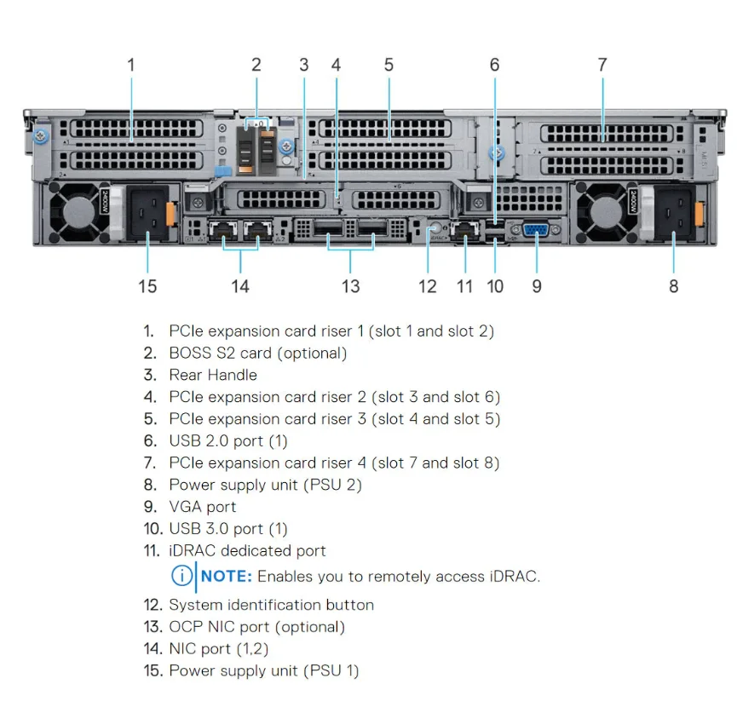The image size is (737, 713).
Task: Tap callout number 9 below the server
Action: pyautogui.click(x=537, y=286)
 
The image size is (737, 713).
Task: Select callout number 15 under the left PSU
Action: pyautogui.click(x=147, y=286)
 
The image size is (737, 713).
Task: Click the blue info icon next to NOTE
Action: pyautogui.click(x=181, y=576)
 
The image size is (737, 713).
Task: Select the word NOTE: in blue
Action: pyautogui.click(x=226, y=576)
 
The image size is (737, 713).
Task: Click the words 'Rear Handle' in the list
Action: pyautogui.click(x=212, y=375)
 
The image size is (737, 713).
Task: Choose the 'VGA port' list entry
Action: pyautogui.click(x=203, y=507)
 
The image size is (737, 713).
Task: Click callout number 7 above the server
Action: pyautogui.click(x=602, y=65)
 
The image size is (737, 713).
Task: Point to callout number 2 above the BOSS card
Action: pyautogui.click(x=256, y=65)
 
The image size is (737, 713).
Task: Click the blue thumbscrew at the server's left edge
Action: pyautogui.click(x=38, y=136)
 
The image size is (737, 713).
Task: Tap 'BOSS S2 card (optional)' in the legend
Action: pyautogui.click(x=257, y=353)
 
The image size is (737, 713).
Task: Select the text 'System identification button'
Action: pyautogui.click(x=271, y=605)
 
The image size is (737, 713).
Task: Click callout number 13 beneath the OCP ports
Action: pyautogui.click(x=351, y=286)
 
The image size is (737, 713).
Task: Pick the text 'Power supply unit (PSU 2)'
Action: pyautogui.click(x=265, y=485)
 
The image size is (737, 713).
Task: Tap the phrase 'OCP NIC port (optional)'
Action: pyautogui.click(x=256, y=627)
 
